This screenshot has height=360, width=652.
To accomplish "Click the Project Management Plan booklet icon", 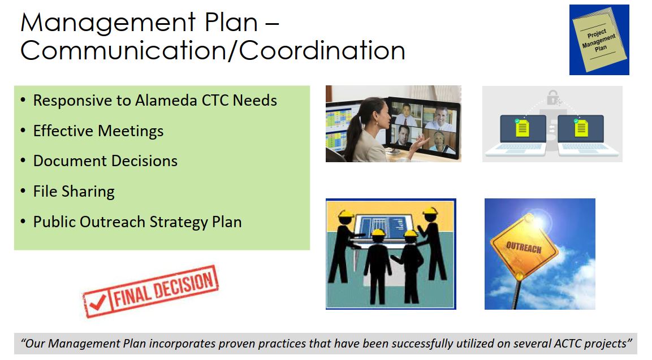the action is click(x=599, y=40).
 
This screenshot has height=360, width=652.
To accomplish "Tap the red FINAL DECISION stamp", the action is click(x=151, y=291).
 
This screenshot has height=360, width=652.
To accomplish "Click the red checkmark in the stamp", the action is click(x=97, y=303).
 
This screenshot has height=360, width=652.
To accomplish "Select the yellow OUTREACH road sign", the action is click(x=524, y=248).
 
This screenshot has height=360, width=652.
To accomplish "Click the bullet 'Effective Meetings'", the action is click(x=98, y=131).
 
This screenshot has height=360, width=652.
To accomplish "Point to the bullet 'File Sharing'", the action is click(x=74, y=191).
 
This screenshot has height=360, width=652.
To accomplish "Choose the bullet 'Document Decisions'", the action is click(x=105, y=161).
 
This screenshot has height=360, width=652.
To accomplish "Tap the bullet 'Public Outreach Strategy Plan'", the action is click(x=137, y=222).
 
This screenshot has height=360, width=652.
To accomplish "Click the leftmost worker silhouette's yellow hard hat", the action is click(x=346, y=214).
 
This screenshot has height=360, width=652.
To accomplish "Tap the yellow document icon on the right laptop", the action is click(x=581, y=128).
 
